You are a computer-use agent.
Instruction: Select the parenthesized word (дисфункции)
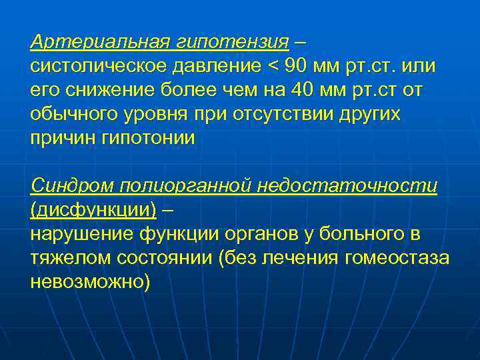point(94,209)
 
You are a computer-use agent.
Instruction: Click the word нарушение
point(81,233)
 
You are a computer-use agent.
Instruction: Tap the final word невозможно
point(91,281)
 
